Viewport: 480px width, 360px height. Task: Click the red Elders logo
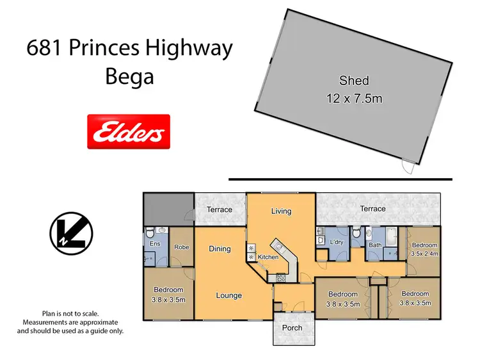pos(128,132)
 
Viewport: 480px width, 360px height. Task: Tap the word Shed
pos(354,81)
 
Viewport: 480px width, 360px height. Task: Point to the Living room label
pos(281,211)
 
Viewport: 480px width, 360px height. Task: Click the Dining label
pos(220,249)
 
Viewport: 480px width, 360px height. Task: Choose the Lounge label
pos(228,295)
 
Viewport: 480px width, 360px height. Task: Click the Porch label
pos(292,327)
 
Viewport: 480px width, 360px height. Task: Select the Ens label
pos(154,244)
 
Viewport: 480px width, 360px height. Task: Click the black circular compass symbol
pos(72,233)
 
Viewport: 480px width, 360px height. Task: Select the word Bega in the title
pos(130,77)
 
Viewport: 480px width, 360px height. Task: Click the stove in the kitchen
pos(280,277)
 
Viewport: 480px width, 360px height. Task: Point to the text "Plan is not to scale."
pos(70,313)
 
